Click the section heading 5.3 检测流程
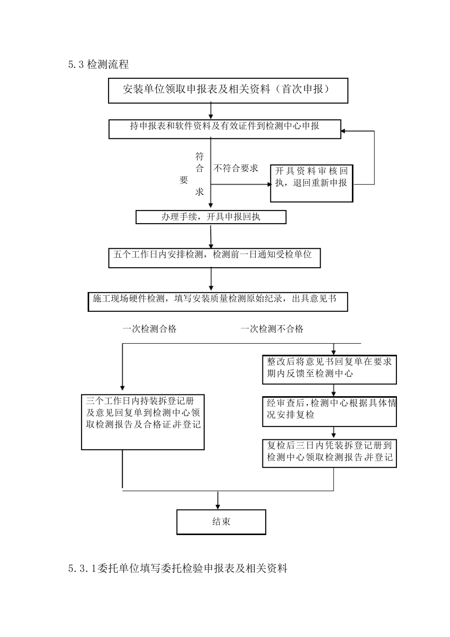pyautogui.click(x=99, y=65)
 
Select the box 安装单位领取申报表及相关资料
pyautogui.click(x=228, y=91)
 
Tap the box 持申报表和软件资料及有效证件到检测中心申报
pyautogui.click(x=225, y=128)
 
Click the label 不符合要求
pyautogui.click(x=236, y=168)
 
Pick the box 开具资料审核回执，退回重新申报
pyautogui.click(x=311, y=183)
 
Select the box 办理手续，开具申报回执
pyautogui.click(x=211, y=217)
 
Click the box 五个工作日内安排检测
pyautogui.click(x=214, y=257)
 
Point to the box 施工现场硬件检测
pyautogui.click(x=217, y=301)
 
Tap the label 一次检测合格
pyautogui.click(x=150, y=329)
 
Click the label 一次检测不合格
pyautogui.click(x=272, y=329)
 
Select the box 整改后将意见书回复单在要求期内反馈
pyautogui.click(x=330, y=369)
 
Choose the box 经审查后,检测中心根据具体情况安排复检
pyautogui.click(x=330, y=411)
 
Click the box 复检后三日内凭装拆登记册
pyautogui.click(x=330, y=453)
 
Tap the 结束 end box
pyautogui.click(x=221, y=521)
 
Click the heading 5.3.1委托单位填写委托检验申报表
pyautogui.click(x=178, y=568)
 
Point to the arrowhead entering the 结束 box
pyautogui.click(x=218, y=507)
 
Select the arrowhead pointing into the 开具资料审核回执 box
pyautogui.click(x=267, y=185)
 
